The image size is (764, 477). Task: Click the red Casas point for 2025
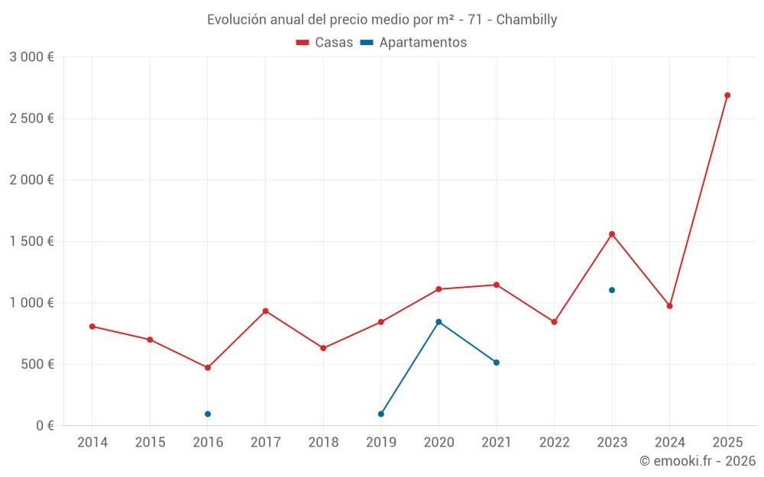pyautogui.click(x=727, y=95)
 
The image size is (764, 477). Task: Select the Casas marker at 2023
pyautogui.click(x=612, y=234)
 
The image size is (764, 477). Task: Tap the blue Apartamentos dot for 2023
pyautogui.click(x=612, y=290)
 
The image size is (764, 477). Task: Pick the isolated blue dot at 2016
pyautogui.click(x=208, y=414)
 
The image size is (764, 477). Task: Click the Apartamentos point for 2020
pyautogui.click(x=439, y=322)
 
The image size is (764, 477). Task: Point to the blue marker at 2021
pyautogui.click(x=497, y=363)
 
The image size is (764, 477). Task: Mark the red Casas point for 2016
pyautogui.click(x=208, y=368)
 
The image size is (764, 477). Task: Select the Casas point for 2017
pyautogui.click(x=265, y=311)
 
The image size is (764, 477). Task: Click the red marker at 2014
pyautogui.click(x=92, y=327)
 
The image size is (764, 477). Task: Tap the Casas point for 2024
pyautogui.click(x=670, y=306)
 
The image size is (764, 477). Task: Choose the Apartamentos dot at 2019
pyautogui.click(x=381, y=414)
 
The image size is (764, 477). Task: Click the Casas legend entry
pyautogui.click(x=325, y=43)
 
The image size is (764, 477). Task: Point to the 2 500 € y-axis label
pyautogui.click(x=31, y=118)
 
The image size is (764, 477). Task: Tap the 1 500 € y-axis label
pyautogui.click(x=31, y=241)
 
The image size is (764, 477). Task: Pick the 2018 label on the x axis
pyautogui.click(x=323, y=443)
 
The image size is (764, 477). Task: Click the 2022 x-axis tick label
pyautogui.click(x=554, y=443)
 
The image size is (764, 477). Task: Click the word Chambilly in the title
pyautogui.click(x=526, y=19)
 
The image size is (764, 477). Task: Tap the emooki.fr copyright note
pyautogui.click(x=697, y=461)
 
